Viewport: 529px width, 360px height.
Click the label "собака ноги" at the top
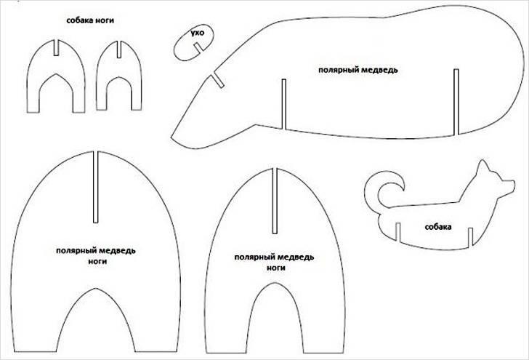(90, 20)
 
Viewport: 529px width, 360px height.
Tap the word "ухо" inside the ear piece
(198, 33)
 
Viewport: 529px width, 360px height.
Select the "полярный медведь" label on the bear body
(358, 70)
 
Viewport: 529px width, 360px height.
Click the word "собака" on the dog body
(438, 227)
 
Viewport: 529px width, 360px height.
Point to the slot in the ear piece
(198, 47)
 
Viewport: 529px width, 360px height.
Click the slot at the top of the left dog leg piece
(56, 47)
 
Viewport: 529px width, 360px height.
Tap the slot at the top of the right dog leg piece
(119, 49)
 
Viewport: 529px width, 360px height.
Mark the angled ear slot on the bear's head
(217, 81)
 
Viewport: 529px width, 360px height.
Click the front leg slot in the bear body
(283, 104)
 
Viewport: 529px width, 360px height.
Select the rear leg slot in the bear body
(456, 102)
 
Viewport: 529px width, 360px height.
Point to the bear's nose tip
(172, 137)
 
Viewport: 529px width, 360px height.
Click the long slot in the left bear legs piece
(95, 187)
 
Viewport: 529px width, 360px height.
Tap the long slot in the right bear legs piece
(275, 201)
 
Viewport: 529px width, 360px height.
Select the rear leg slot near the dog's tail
(397, 232)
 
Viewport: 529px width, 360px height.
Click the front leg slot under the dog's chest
(470, 236)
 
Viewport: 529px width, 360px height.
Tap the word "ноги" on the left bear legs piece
(97, 261)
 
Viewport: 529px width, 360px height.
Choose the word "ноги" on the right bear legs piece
(276, 268)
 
